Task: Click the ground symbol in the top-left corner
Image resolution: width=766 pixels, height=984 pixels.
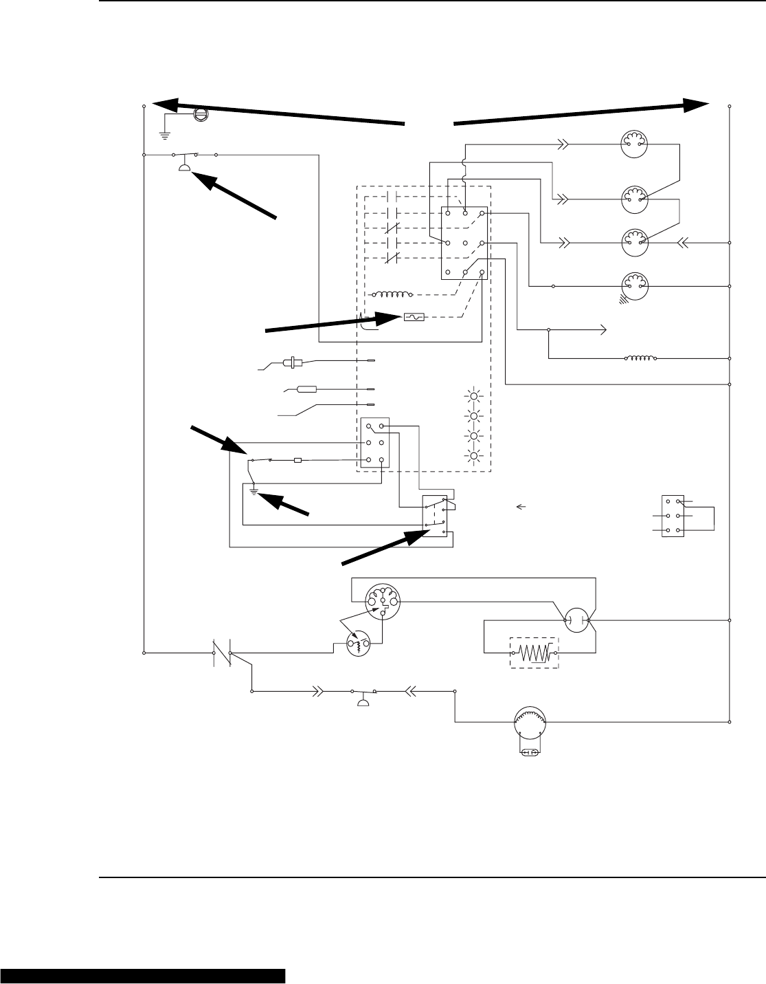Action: (165, 125)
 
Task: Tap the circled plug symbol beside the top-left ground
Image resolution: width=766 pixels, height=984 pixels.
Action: (201, 113)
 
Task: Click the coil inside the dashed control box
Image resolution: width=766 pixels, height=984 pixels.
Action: (392, 295)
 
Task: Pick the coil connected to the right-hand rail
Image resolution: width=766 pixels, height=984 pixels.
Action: (640, 358)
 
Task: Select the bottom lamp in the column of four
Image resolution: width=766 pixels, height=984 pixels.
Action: (472, 455)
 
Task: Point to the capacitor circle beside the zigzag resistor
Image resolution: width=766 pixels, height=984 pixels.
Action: (577, 620)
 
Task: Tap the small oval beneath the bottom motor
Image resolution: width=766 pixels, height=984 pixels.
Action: (530, 753)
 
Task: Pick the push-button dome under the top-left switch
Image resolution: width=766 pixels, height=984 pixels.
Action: (185, 167)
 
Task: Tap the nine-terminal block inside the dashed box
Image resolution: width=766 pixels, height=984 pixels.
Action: (464, 243)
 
